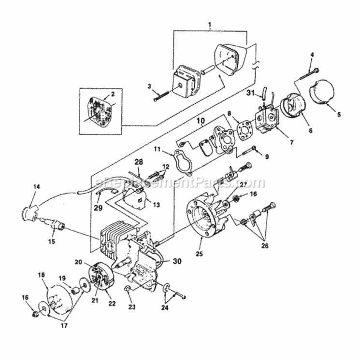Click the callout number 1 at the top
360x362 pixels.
pos(210,24)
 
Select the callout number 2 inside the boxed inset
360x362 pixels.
pos(113,95)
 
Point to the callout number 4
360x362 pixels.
pos(312,55)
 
